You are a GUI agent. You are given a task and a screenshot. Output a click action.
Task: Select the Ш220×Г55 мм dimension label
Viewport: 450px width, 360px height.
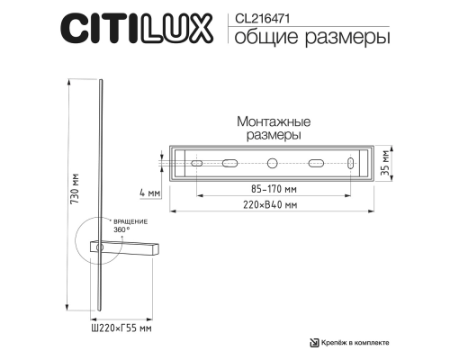[121, 329]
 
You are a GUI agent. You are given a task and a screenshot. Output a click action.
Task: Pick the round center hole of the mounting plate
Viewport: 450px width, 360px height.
[272, 165]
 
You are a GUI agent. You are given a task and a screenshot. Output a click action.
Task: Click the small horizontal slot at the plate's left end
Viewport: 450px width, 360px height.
[195, 165]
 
